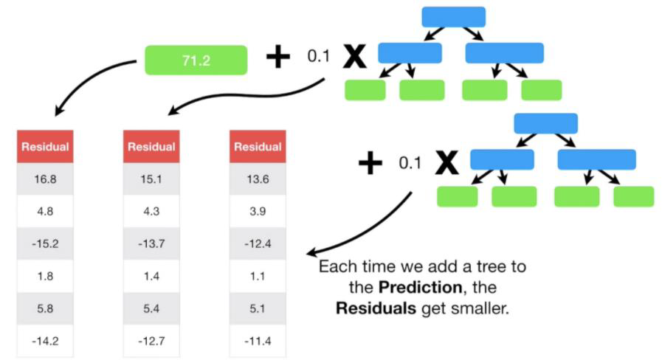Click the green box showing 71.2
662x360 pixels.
click(196, 60)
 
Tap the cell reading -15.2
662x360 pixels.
click(45, 243)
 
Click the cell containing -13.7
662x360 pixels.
click(151, 243)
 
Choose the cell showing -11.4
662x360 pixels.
click(258, 342)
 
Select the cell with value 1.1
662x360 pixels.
click(258, 277)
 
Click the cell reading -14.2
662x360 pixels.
click(45, 342)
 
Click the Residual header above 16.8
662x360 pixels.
click(45, 147)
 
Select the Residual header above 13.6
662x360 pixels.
click(258, 147)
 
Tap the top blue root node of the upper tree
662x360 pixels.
click(453, 16)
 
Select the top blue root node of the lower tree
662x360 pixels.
click(545, 123)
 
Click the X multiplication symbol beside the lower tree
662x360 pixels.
click(446, 163)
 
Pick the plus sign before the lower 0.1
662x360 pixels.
click(371, 163)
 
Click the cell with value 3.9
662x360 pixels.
click(258, 211)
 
